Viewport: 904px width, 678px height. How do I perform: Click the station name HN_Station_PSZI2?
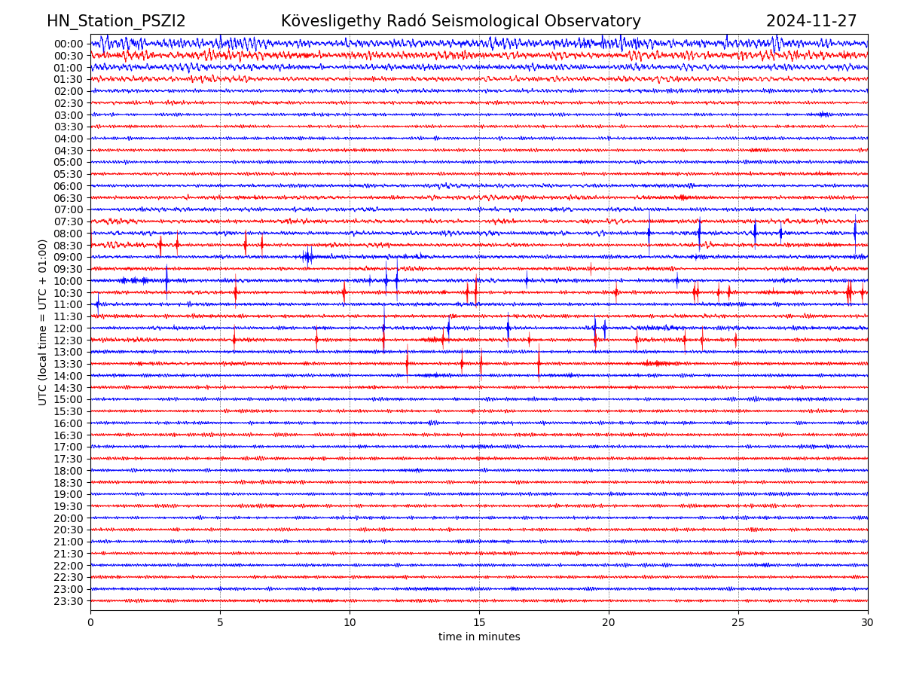(116, 22)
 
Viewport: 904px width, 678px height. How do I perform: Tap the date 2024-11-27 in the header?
(811, 22)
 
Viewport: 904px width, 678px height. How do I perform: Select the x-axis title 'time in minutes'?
(479, 637)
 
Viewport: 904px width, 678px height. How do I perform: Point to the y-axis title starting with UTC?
(43, 322)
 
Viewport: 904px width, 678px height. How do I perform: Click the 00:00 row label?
(69, 44)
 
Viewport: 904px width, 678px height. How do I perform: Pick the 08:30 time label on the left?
(69, 246)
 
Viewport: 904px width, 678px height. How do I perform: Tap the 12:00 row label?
(69, 328)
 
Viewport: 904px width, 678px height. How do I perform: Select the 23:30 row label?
(69, 601)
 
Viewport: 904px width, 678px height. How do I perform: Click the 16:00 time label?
(69, 423)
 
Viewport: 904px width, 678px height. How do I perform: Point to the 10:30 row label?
(69, 293)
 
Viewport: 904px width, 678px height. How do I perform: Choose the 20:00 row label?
(69, 518)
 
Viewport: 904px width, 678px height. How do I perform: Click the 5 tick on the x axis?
(220, 622)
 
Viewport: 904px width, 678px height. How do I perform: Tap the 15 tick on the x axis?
(479, 622)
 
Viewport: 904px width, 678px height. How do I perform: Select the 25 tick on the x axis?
(738, 622)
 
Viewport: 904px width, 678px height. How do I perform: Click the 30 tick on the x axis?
(868, 622)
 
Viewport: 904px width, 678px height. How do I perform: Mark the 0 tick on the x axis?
(90, 622)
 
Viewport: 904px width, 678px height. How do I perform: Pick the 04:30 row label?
(69, 151)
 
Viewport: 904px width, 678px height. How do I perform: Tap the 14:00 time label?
(69, 376)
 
